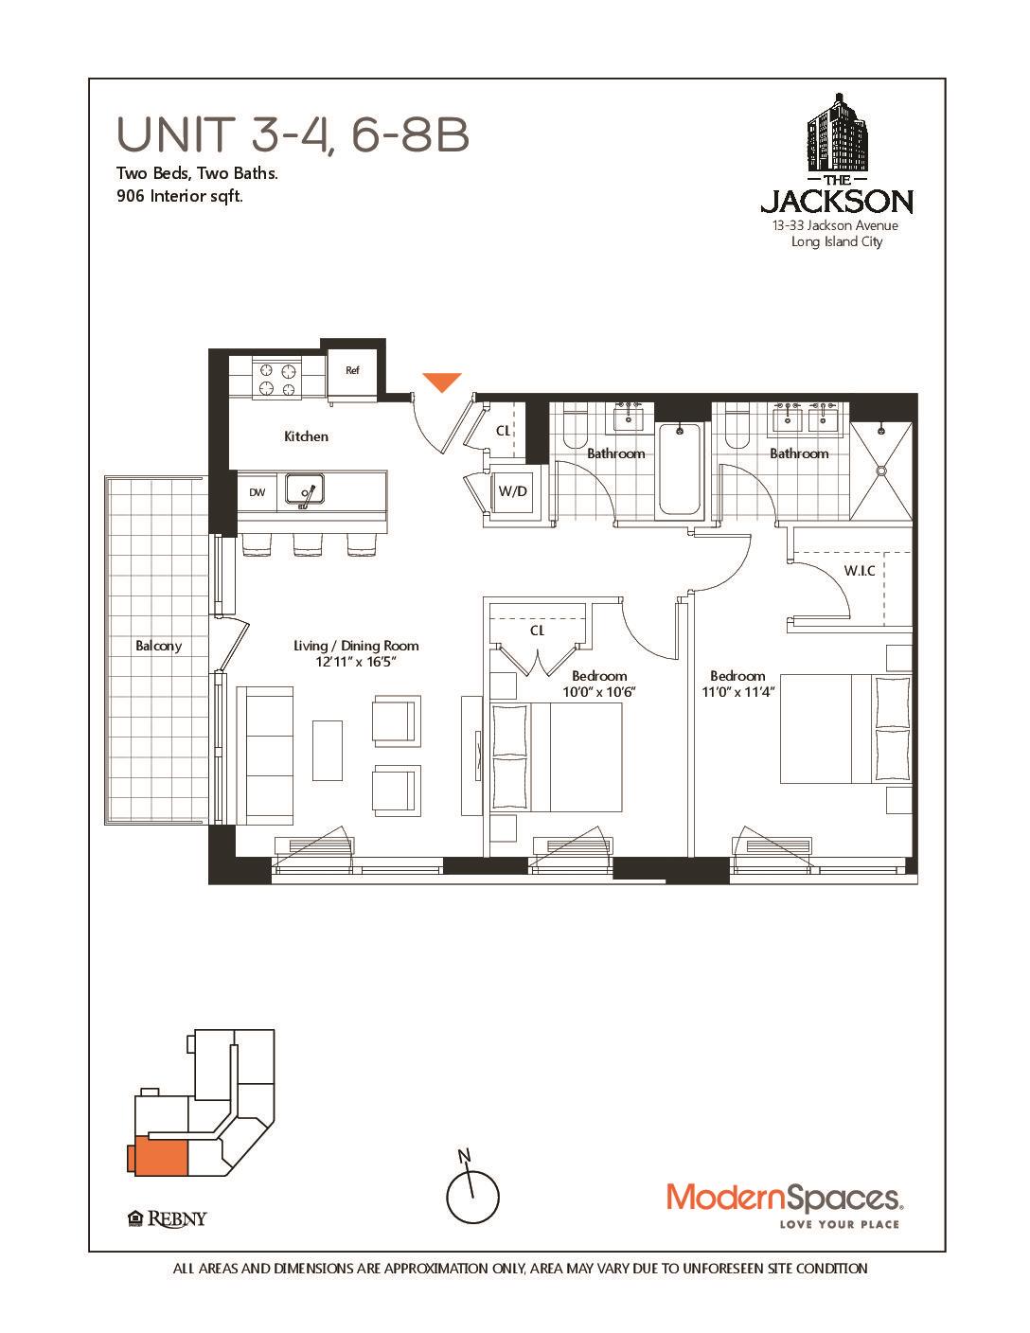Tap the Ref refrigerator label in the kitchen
[352, 371]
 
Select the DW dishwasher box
[257, 492]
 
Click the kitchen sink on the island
[307, 490]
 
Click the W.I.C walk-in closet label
[859, 571]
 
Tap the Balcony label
[158, 646]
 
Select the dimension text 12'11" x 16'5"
[355, 662]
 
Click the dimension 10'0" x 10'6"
[598, 691]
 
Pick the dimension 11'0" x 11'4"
[737, 691]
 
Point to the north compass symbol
[471, 1195]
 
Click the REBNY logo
[167, 1218]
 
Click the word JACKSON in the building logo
[837, 202]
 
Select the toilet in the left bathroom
[574, 429]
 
